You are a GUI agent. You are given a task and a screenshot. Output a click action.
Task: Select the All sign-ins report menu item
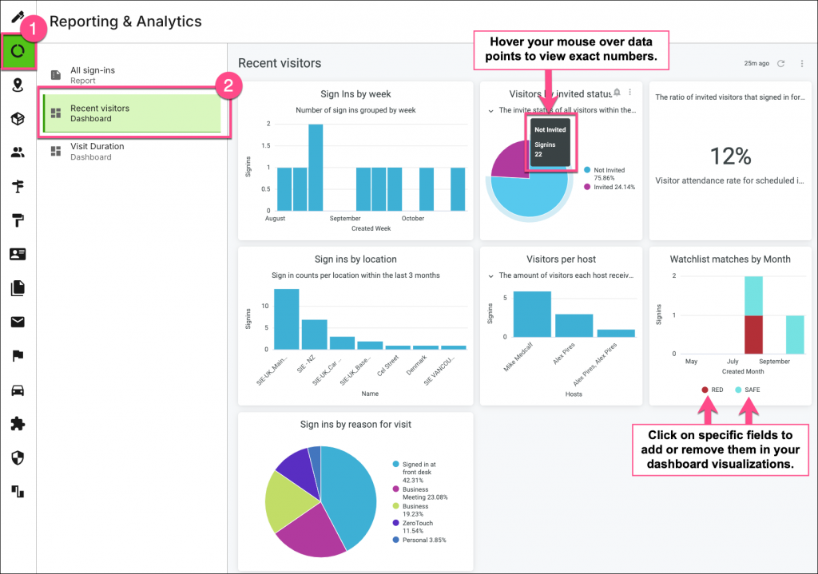tap(92, 75)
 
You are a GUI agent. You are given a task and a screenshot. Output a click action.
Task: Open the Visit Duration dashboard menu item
tap(97, 152)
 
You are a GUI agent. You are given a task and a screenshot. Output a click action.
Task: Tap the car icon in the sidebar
tap(18, 390)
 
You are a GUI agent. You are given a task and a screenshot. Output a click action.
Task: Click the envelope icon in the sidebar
tap(18, 323)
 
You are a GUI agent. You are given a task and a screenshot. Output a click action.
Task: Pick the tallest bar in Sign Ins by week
tap(316, 167)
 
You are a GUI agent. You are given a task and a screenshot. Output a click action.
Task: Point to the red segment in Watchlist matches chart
tap(754, 334)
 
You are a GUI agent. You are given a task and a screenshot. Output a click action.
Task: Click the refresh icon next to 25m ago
tap(781, 64)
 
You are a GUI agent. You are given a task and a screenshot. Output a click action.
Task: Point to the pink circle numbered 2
tap(228, 86)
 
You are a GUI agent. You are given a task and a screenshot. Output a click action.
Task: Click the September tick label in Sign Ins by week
tap(345, 219)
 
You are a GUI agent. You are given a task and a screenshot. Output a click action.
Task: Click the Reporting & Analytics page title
tap(125, 22)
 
